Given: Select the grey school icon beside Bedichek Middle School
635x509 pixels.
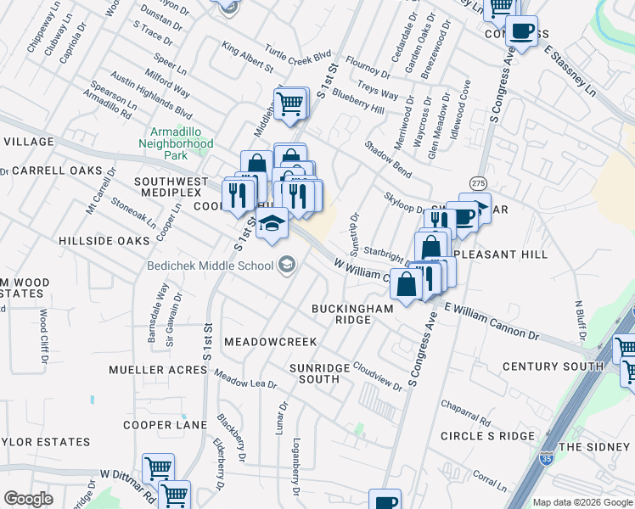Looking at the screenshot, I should tap(286, 266).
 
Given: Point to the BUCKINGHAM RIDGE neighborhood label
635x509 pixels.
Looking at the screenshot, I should tap(352, 314).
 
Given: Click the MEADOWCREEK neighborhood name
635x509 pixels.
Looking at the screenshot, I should tap(270, 341).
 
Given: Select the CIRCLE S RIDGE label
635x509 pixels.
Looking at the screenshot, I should tap(487, 435).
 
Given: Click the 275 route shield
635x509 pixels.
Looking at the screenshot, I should tap(479, 183).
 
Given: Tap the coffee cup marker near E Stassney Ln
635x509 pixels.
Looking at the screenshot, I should tap(521, 31).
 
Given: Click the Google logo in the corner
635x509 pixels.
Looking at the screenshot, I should tap(29, 499).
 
